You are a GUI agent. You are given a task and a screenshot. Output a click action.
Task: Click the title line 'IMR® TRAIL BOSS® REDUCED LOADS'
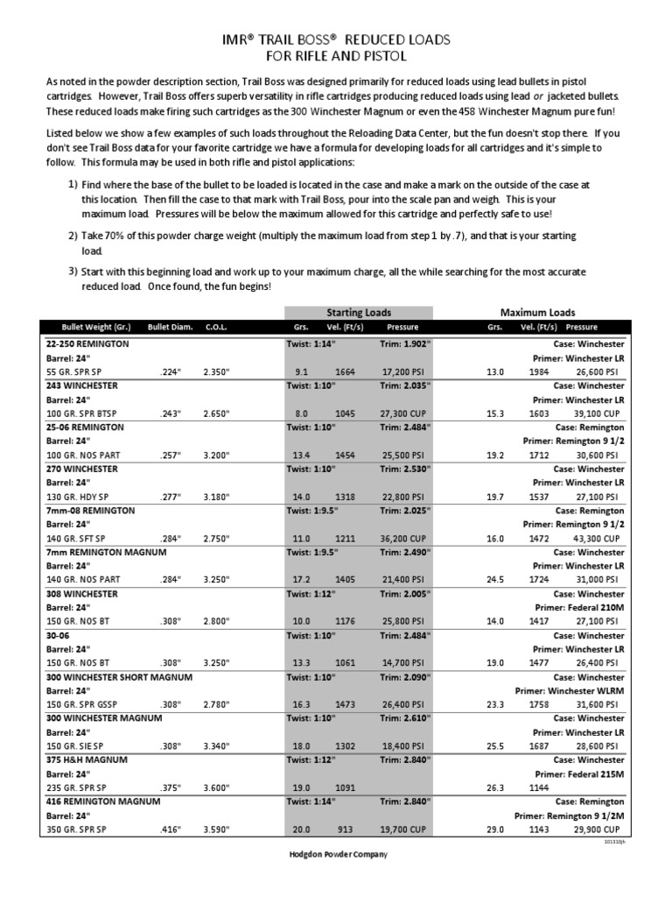[336, 39]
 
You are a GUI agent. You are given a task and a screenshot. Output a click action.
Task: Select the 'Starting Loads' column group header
[359, 312]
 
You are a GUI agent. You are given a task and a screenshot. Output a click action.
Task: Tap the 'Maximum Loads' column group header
[537, 312]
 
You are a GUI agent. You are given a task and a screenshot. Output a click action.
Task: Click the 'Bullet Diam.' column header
[171, 328]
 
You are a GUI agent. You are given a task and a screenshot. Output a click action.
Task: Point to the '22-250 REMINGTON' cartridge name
[87, 344]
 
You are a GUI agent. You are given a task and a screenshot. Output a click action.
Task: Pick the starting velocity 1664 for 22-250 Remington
[345, 372]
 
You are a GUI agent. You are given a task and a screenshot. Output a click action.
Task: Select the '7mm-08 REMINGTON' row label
[90, 509]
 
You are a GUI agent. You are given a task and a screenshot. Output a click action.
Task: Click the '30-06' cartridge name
[59, 635]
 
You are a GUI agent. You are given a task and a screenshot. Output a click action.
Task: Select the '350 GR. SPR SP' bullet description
[76, 829]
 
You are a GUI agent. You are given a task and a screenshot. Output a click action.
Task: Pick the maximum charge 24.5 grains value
[496, 579]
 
